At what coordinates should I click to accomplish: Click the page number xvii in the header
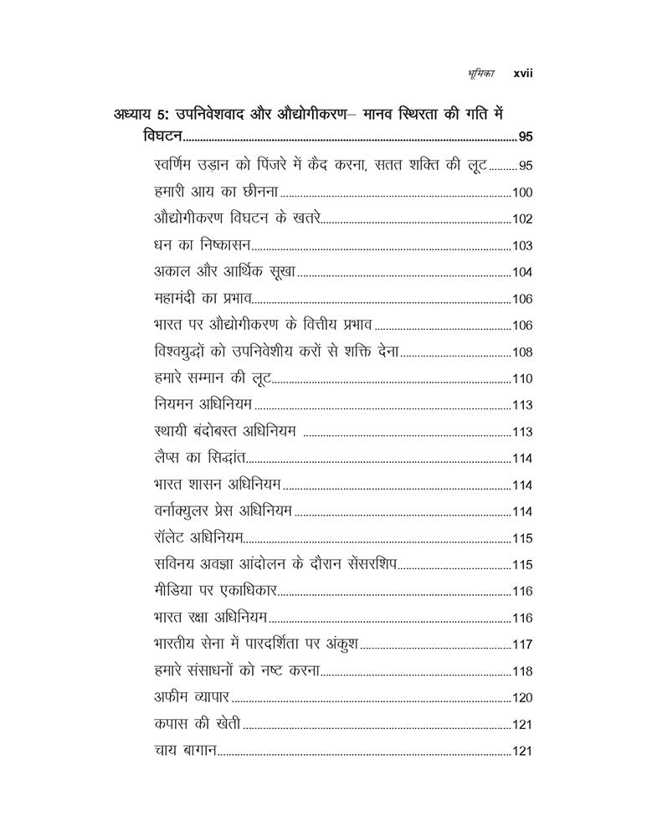click(x=523, y=74)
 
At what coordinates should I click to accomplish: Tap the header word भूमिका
click(x=481, y=74)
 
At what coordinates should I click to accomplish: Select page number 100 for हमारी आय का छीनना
click(x=522, y=193)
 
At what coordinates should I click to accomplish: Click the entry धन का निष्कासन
click(x=203, y=245)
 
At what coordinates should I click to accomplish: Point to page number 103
click(x=522, y=246)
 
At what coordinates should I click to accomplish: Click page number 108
click(x=522, y=352)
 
